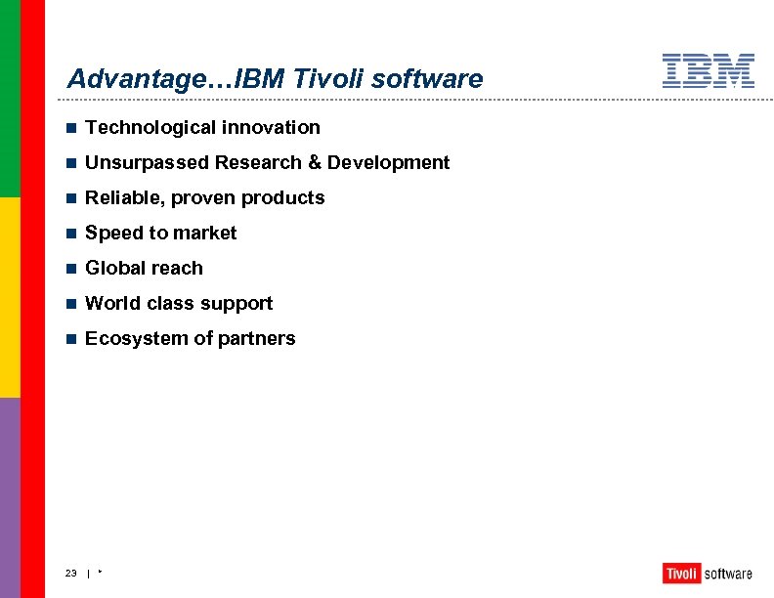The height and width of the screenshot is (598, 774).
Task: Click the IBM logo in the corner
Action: coord(709,71)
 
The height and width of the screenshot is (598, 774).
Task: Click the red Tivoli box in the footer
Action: coord(681,574)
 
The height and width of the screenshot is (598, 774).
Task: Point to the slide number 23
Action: coord(71,574)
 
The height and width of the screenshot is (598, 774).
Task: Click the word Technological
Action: coord(150,127)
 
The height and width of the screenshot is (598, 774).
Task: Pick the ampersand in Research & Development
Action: coord(315,162)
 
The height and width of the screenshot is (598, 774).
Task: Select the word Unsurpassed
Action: coord(148,162)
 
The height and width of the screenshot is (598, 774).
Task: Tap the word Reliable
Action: coord(124,197)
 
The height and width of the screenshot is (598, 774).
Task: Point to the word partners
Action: coord(259,338)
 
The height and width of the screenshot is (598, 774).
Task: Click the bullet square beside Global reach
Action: coord(70,269)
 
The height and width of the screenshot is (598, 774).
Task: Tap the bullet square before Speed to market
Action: coord(70,234)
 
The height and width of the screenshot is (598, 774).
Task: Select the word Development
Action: coord(389,162)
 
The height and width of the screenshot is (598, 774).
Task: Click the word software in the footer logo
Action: coord(728,574)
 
